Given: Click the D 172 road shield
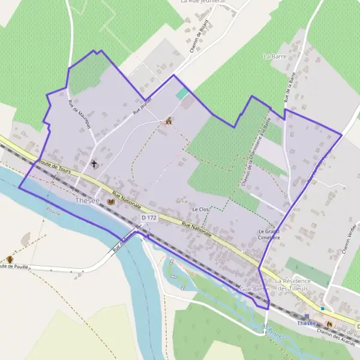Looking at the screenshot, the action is pyautogui.click(x=149, y=217).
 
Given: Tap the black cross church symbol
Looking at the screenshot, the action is pyautogui.click(x=94, y=163).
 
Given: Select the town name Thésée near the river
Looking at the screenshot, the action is pyautogui.click(x=88, y=201).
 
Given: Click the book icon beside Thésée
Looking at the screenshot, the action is pyautogui.click(x=110, y=202).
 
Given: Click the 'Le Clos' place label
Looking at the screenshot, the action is pyautogui.click(x=199, y=209).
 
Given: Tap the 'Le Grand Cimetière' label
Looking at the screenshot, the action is pyautogui.click(x=269, y=234).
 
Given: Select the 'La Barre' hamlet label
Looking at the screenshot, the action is pyautogui.click(x=275, y=56).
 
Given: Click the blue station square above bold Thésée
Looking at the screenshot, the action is pyautogui.click(x=307, y=316).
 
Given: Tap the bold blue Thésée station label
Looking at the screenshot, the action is pyautogui.click(x=307, y=324).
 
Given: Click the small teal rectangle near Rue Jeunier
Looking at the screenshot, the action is pyautogui.click(x=181, y=95).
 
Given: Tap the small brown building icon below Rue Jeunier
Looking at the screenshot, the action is pyautogui.click(x=169, y=121).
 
